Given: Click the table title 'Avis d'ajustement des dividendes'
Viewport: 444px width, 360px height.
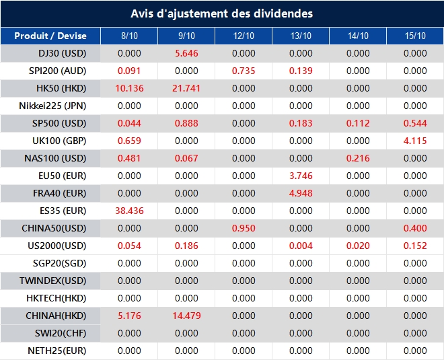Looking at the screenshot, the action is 222,13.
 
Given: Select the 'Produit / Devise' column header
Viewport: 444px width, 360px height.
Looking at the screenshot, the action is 50,36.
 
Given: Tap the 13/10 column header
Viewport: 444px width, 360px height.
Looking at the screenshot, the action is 301,36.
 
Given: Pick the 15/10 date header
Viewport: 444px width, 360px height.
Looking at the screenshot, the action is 415,36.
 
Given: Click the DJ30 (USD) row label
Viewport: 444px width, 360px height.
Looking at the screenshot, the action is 63,53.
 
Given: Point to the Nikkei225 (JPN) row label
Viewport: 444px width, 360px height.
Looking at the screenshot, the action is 52,106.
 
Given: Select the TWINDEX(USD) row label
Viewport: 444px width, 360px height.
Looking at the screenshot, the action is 52,281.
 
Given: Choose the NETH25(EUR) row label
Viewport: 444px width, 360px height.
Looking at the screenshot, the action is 57,351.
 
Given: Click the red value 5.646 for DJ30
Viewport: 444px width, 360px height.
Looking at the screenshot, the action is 186,53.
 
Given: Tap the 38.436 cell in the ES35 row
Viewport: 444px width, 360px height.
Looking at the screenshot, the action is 129,211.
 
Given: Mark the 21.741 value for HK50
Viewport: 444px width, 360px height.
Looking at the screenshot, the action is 186,88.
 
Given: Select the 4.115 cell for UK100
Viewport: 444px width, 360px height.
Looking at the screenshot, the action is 415,141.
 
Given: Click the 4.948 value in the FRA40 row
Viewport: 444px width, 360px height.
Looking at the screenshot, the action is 301,193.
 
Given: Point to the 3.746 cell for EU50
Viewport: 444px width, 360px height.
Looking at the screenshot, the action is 301,176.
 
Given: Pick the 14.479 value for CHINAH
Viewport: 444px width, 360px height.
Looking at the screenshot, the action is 186,316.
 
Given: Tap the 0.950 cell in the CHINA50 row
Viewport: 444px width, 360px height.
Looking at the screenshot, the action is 244,228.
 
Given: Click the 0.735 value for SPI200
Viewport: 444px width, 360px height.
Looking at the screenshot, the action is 244,71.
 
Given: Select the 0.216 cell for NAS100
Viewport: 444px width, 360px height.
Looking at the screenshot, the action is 358,158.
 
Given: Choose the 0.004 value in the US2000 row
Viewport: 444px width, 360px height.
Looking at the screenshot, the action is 301,246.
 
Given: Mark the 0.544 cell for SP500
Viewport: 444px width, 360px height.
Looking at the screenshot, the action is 415,123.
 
